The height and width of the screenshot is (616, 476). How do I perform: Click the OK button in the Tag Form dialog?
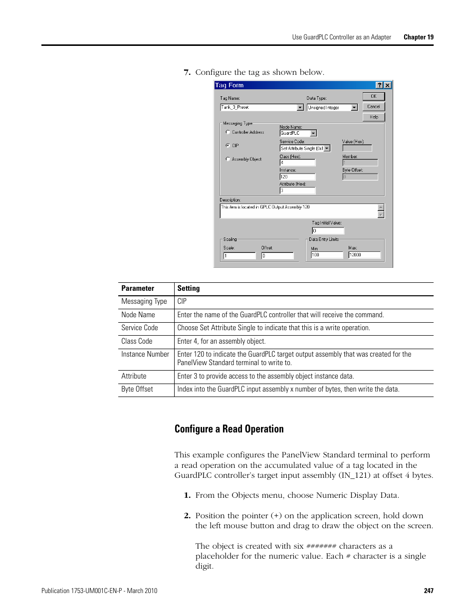click(x=374, y=96)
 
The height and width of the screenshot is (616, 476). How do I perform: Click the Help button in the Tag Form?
click(x=374, y=117)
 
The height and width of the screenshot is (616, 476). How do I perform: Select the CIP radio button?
click(x=228, y=146)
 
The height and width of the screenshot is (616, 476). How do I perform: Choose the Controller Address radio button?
click(x=228, y=132)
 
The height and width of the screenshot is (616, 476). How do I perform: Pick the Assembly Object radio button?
click(x=228, y=159)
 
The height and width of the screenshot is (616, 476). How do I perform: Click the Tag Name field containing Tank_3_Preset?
click(x=259, y=107)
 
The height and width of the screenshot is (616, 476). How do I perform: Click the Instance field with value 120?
click(x=297, y=177)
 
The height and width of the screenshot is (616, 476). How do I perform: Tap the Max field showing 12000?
click(x=364, y=255)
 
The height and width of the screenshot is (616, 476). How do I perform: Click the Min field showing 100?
click(x=327, y=255)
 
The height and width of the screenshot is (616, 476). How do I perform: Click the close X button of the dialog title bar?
click(x=388, y=85)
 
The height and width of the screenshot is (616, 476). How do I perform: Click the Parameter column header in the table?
click(x=138, y=288)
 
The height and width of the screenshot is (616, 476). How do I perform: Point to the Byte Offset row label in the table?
click(x=137, y=389)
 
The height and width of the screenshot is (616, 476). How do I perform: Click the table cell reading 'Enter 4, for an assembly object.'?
click(x=222, y=341)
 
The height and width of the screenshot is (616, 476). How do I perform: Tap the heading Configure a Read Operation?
click(x=229, y=429)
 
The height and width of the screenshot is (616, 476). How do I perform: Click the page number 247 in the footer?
click(x=429, y=591)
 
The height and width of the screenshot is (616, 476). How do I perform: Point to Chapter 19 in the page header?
click(x=418, y=37)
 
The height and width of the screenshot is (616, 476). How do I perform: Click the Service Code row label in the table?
click(x=140, y=328)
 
